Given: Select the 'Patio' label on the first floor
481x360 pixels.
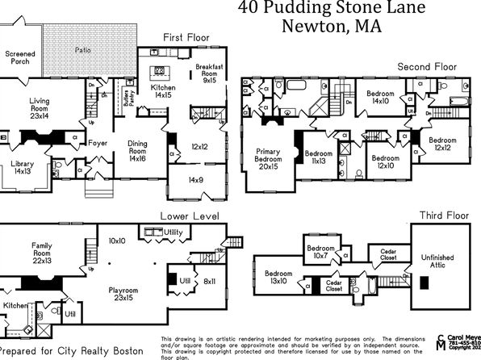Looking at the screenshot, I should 83,50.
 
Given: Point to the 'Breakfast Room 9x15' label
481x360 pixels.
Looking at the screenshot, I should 209,73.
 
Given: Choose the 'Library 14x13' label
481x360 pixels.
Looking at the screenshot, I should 23,166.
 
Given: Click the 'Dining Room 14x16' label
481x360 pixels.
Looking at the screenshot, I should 138,152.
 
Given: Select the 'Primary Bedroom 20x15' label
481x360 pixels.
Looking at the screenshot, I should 268,160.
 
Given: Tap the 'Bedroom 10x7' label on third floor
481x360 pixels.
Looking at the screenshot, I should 320,252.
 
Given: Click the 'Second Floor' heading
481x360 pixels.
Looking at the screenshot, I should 427,66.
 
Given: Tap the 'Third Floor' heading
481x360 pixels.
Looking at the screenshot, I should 440,216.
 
